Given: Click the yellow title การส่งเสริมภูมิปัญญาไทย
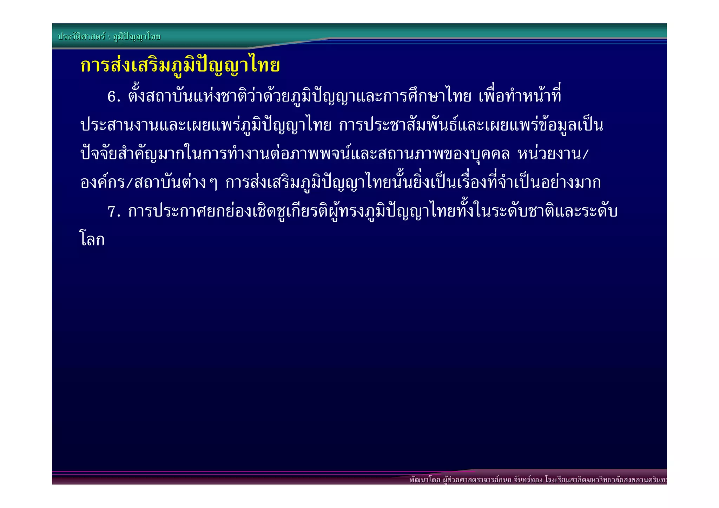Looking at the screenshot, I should coord(180,66).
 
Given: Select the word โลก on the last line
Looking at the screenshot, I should coord(92,240).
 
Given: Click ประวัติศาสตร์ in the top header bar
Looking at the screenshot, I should coord(81,37).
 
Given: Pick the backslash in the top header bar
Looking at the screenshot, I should coord(109,37).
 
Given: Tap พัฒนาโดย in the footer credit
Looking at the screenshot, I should coord(425,480).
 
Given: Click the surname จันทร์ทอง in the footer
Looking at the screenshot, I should coord(528,480).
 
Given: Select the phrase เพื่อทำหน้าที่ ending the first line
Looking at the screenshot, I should coord(520,96).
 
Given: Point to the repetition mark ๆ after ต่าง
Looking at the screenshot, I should coord(213,183).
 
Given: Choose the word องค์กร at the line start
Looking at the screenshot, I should coord(102,183).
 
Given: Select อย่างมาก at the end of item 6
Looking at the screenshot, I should coord(570,183).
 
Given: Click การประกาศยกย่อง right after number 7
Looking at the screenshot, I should coord(190,212).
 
